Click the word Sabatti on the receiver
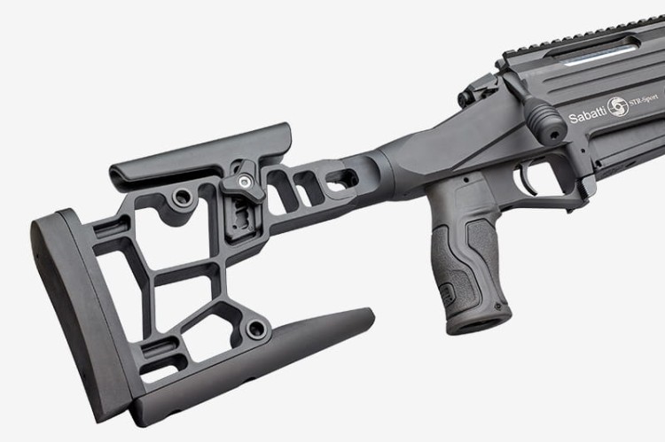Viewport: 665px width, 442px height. click(587, 116)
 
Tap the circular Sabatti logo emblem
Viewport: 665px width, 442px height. click(617, 106)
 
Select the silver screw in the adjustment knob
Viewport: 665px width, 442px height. click(244, 182)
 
